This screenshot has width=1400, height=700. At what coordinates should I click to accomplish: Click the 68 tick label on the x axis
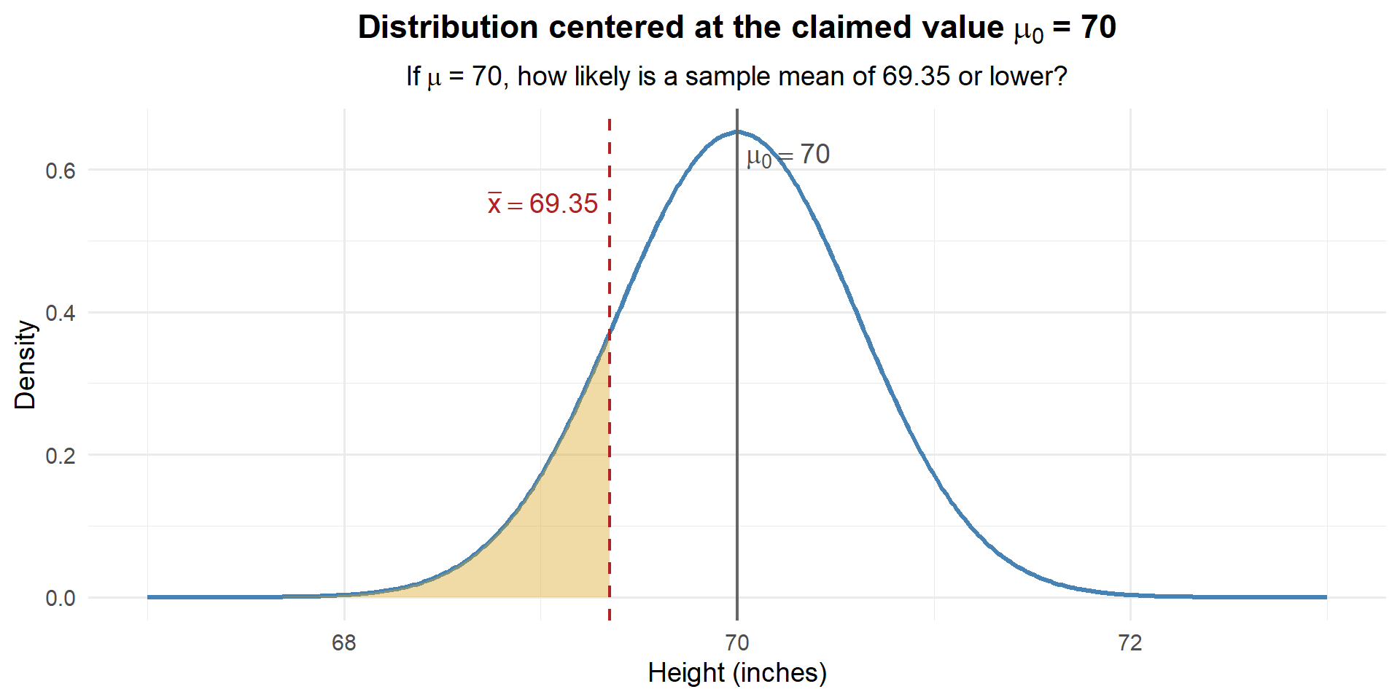pos(343,643)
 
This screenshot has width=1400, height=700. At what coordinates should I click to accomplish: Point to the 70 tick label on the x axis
pos(736,643)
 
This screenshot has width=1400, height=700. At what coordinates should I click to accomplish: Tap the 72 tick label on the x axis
pos(1129,643)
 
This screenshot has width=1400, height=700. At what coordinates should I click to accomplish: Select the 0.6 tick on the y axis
pos(61,171)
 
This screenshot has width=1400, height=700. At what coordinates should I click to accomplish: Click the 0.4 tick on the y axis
pos(61,313)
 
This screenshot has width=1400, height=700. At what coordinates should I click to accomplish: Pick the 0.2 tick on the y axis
pos(61,456)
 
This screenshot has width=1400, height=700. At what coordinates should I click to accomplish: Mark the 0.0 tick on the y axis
pos(61,599)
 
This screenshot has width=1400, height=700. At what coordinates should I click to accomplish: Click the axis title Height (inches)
pos(736,673)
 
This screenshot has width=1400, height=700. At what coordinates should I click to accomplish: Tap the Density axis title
pos(26,365)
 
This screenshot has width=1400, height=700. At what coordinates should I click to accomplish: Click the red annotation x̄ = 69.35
pos(543,204)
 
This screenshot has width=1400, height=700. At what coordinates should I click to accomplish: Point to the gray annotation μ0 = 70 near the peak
pos(788,155)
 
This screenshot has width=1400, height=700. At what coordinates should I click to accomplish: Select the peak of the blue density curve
pos(737,132)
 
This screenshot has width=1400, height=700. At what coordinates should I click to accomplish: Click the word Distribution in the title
pos(448,28)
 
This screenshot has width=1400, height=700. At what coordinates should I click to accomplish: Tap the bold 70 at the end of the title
pos(1098,28)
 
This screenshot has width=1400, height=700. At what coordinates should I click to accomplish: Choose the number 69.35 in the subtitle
pos(916,77)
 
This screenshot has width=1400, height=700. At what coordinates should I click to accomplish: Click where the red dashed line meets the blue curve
pos(610,332)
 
